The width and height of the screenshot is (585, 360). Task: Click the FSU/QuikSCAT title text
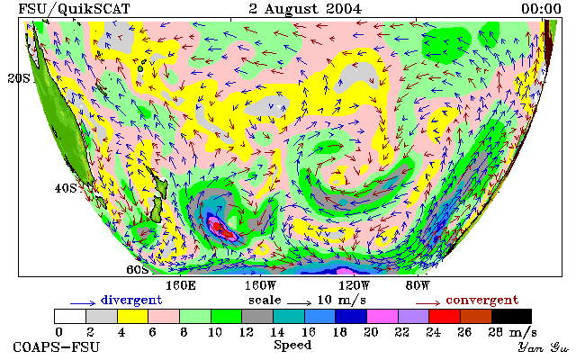[74, 9]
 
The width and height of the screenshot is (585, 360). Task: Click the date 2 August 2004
[305, 9]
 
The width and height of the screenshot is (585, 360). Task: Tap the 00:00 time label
[541, 9]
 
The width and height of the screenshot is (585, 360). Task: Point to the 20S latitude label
[19, 78]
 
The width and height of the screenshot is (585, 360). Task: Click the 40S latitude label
[66, 188]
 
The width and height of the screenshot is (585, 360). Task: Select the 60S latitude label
[138, 269]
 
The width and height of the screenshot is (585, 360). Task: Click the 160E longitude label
[181, 286]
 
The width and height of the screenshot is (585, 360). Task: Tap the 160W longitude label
[260, 286]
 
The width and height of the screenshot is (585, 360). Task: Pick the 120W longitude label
[354, 286]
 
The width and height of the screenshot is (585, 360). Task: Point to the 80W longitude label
[418, 286]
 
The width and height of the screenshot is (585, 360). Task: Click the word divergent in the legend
[131, 301]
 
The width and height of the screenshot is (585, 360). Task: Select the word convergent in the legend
[482, 301]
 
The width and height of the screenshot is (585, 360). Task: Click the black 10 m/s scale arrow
[299, 303]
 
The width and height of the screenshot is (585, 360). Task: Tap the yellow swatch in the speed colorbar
[133, 317]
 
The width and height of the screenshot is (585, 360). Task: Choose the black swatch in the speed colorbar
[511, 317]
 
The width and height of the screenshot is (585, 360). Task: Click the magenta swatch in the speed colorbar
[382, 317]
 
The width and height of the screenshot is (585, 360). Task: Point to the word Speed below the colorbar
[292, 345]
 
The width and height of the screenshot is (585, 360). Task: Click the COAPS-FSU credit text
[57, 346]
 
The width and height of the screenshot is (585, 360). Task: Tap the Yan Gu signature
[543, 347]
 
